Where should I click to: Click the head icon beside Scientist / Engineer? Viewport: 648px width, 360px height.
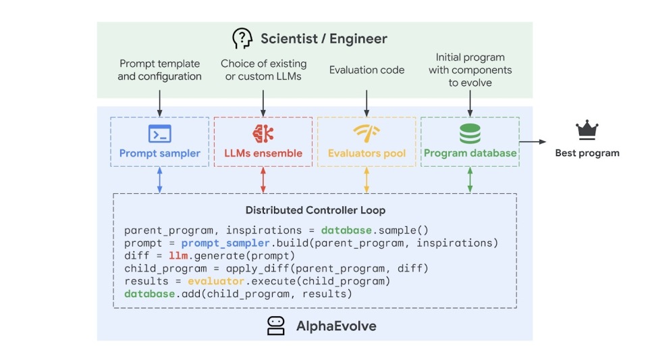point(242,38)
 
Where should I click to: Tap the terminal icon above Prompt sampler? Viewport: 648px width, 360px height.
point(159,134)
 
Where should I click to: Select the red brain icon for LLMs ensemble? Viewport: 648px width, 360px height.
point(263,134)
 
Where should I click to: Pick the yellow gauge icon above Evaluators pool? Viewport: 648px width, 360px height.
point(367,133)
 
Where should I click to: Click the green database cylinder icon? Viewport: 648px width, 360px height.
point(470,134)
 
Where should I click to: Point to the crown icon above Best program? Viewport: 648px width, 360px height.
point(587,130)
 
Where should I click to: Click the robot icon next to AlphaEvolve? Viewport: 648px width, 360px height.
point(275,326)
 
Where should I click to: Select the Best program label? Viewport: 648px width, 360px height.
point(587,153)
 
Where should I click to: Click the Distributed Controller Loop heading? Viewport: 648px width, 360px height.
point(315,210)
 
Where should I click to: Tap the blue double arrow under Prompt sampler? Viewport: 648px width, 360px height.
point(159,180)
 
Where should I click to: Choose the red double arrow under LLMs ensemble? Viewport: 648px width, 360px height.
point(263,180)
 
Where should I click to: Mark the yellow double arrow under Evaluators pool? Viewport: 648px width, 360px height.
point(367,180)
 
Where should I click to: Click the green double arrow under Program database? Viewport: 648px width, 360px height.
point(470,180)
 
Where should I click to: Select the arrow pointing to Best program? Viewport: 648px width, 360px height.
point(533,142)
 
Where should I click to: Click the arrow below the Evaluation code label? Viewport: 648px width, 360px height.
point(367,103)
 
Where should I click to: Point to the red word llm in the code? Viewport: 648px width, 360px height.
point(178,256)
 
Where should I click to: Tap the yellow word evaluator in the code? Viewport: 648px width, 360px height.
point(216,281)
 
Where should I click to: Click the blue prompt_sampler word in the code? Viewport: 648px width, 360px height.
point(225,243)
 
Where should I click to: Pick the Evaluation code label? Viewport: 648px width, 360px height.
point(367,70)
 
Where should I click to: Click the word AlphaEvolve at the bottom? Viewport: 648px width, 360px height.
point(336,326)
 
